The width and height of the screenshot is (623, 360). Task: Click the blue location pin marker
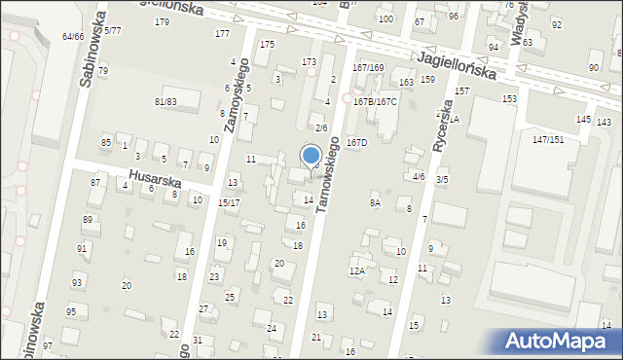click(x=311, y=156)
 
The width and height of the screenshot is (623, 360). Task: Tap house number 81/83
click(x=165, y=101)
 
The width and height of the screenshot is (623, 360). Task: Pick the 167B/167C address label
click(x=375, y=101)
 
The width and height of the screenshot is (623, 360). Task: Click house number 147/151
click(x=548, y=140)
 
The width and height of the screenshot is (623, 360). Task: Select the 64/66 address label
click(x=73, y=36)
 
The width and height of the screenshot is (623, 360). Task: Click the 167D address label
click(x=357, y=142)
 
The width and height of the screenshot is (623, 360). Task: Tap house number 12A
click(x=357, y=270)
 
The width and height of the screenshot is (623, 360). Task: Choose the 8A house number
click(x=374, y=202)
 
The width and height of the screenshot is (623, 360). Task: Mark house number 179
click(x=162, y=22)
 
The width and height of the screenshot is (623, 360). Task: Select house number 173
click(x=309, y=62)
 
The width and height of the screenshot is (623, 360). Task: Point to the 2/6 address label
click(x=321, y=127)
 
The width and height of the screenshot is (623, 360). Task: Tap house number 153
click(x=509, y=99)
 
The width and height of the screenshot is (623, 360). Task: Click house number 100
click(x=385, y=18)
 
